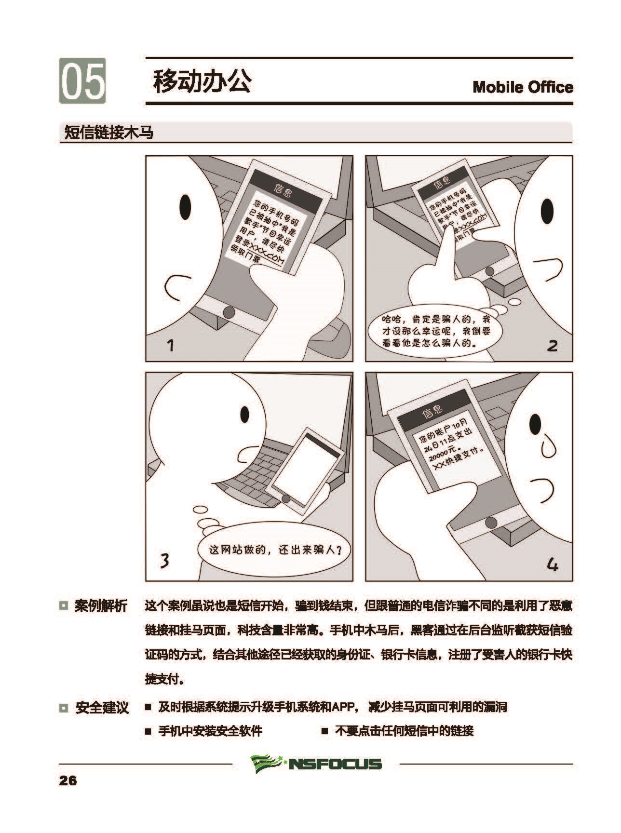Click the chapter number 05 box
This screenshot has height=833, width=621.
82,81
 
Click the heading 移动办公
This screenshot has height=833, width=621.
202,81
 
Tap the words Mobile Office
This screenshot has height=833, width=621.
523,87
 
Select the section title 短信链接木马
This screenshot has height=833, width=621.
109,132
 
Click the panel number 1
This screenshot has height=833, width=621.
170,345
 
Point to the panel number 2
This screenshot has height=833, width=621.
553,346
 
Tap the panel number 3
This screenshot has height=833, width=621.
164,560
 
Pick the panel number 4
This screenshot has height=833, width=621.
553,564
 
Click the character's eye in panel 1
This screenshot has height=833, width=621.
185,207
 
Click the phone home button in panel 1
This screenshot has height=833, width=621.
229,312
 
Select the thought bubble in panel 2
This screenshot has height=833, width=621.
435,331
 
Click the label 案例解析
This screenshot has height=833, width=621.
101,606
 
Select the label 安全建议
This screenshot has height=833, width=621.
102,708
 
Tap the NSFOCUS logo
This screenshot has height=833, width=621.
316,763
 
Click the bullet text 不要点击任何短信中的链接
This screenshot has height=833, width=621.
404,731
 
